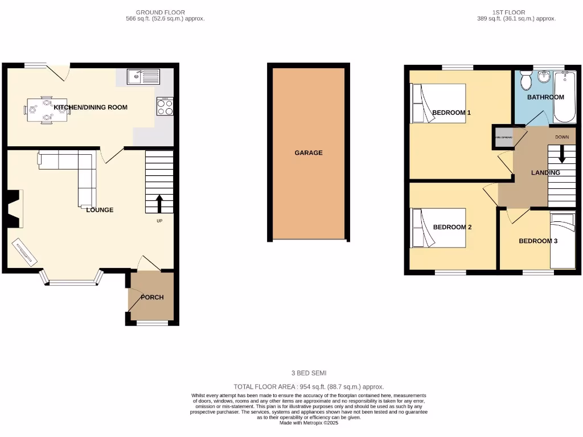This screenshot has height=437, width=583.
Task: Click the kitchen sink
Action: pyautogui.click(x=144, y=76)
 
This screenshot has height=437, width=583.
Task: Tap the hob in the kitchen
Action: pyautogui.click(x=165, y=106)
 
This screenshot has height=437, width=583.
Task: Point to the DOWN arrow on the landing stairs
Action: pyautogui.click(x=562, y=154)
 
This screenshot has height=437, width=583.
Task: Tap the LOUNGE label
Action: pyautogui.click(x=100, y=210)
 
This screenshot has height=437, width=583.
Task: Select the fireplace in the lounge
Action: pyautogui.click(x=15, y=209)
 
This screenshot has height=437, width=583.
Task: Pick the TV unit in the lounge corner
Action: pyautogui.click(x=26, y=252)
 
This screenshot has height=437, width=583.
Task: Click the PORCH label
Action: pyautogui.click(x=152, y=297)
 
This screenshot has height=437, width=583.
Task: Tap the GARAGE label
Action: pyautogui.click(x=309, y=152)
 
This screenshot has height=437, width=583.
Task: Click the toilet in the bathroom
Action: pyautogui.click(x=525, y=82)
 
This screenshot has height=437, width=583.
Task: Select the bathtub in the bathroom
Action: pyautogui.click(x=564, y=98)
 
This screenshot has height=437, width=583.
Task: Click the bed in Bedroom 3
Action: pyautogui.click(x=563, y=240)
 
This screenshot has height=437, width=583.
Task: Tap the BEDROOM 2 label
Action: pyautogui.click(x=452, y=227)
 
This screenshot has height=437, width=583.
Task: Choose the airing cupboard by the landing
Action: pyautogui.click(x=503, y=138)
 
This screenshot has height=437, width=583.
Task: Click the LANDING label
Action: pyautogui.click(x=545, y=172)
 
